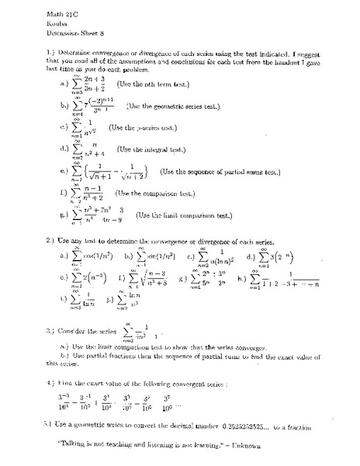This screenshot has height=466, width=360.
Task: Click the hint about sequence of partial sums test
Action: [223, 171]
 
